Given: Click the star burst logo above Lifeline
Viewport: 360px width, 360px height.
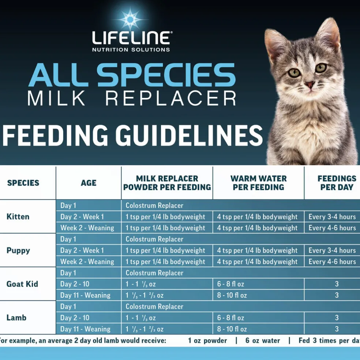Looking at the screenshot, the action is click(130, 19).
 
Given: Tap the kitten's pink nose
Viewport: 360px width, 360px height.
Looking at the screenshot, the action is click(310, 84).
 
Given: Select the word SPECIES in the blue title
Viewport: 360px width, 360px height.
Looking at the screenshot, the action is click(166, 75).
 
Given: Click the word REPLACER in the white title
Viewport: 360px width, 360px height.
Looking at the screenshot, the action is click(171, 98).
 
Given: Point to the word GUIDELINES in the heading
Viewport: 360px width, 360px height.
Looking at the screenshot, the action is click(189, 135).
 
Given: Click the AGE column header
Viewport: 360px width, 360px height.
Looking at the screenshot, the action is click(89, 183).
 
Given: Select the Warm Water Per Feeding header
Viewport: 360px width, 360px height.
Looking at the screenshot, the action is click(259, 183).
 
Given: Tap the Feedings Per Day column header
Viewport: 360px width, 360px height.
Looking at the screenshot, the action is click(337, 183).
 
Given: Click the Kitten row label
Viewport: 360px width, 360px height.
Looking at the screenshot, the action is click(18, 217).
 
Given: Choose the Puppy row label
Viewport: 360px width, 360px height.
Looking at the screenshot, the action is click(18, 251).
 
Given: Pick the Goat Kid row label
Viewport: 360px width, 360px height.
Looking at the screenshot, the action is click(22, 284).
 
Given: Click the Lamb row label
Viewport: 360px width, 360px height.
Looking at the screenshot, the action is click(16, 318).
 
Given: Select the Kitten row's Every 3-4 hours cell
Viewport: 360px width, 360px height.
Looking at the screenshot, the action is click(332, 217).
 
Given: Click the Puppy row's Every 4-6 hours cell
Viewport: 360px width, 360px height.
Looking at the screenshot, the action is click(332, 262).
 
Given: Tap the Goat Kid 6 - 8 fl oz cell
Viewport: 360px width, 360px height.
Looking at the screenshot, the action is click(230, 284).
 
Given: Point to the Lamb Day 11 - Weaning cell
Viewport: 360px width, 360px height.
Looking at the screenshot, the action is click(85, 329).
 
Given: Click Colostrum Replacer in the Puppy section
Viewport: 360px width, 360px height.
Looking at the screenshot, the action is click(154, 239).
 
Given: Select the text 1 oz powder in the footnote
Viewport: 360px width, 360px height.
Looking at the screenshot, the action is click(207, 341).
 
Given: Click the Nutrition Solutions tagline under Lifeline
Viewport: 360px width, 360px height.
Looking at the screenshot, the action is click(131, 50).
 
